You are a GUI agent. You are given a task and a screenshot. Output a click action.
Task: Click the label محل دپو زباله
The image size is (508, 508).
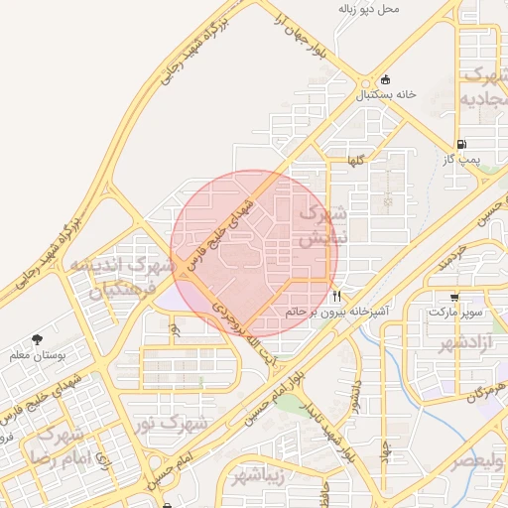[x=368, y=9]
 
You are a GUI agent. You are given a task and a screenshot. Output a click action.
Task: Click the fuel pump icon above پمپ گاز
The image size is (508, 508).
[x=462, y=144]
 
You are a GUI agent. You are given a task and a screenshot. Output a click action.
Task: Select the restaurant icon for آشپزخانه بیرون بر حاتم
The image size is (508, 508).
[x=337, y=297]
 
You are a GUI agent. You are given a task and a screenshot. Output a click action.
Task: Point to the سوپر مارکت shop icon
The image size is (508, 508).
[x=453, y=297]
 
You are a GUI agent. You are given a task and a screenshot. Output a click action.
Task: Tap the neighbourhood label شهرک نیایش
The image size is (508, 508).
[x=322, y=225]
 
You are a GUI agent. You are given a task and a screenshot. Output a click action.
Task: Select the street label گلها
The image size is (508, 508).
[x=354, y=160]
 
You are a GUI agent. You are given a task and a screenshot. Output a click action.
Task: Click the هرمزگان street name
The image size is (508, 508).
[x=483, y=391]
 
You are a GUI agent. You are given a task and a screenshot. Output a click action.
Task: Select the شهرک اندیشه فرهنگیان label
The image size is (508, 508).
[x=121, y=279]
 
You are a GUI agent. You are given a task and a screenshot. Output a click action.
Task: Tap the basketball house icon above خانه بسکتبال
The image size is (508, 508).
[x=385, y=80]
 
